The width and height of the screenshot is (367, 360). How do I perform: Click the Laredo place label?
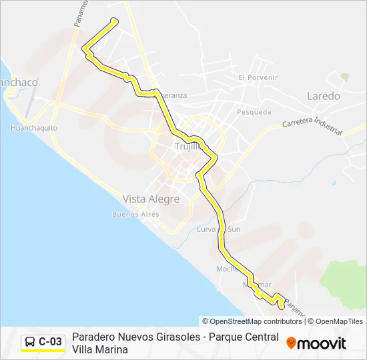[323, 96]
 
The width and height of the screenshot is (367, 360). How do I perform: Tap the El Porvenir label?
[258, 77]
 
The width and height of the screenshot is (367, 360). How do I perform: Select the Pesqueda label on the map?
[254, 112]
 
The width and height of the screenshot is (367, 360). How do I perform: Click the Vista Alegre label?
[151, 199]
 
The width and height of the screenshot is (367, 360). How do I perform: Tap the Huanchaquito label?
[34, 127]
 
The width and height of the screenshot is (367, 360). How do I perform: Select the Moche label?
[226, 269]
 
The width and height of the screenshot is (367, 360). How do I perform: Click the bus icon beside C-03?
[30, 342]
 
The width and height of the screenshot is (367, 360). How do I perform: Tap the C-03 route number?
[50, 342]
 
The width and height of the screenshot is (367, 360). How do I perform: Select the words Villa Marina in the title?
[99, 349]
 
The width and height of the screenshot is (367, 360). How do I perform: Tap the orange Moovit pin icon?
[291, 343]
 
